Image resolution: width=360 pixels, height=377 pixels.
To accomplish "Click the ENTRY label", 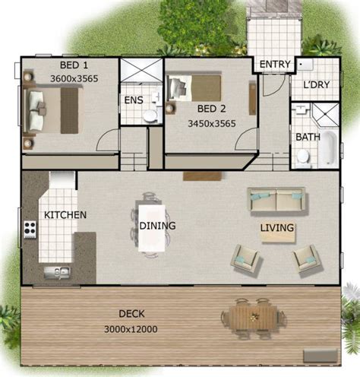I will click(275, 65).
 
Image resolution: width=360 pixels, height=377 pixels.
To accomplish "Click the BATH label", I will click(308, 138).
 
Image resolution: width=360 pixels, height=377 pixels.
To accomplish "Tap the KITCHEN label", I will click(65, 215).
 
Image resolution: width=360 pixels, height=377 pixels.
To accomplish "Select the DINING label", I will click(157, 226).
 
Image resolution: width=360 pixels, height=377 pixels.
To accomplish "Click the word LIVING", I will click(277, 227).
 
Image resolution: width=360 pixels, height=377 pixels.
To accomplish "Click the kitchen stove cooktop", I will click(30, 228).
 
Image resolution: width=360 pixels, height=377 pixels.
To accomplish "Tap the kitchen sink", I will click(55, 269).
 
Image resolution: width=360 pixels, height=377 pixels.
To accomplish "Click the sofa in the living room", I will click(276, 200).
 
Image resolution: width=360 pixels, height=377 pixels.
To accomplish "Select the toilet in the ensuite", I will click(150, 115).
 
